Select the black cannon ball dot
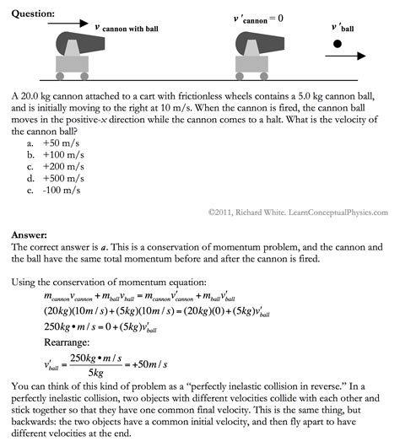(x=337, y=43)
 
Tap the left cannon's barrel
(x=81, y=42)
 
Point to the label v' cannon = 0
(x=258, y=18)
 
